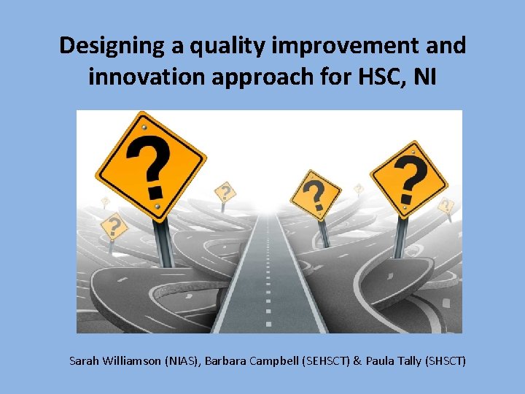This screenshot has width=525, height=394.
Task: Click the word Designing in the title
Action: [x=112, y=46]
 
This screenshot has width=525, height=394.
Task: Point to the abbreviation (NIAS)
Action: [x=183, y=360]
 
